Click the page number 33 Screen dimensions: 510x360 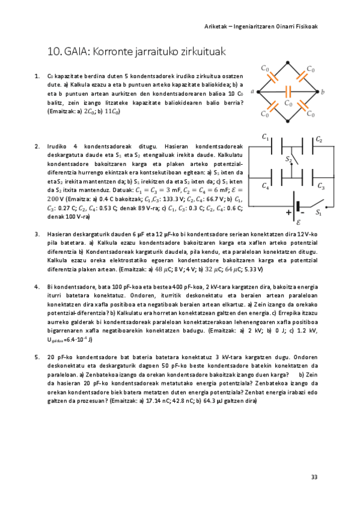tap(314, 477)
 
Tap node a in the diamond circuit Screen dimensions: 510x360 tap(255, 92)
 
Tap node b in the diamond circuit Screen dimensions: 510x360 tap(323, 92)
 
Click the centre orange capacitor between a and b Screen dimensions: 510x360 tap(289, 92)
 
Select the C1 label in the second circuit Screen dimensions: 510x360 tap(265, 138)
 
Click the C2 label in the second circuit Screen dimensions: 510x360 tap(319, 140)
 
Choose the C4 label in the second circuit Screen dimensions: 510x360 tap(266, 186)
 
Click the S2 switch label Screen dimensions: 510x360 tap(288, 160)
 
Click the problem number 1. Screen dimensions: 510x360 tap(37, 77)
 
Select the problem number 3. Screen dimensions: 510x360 tap(37, 234)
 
